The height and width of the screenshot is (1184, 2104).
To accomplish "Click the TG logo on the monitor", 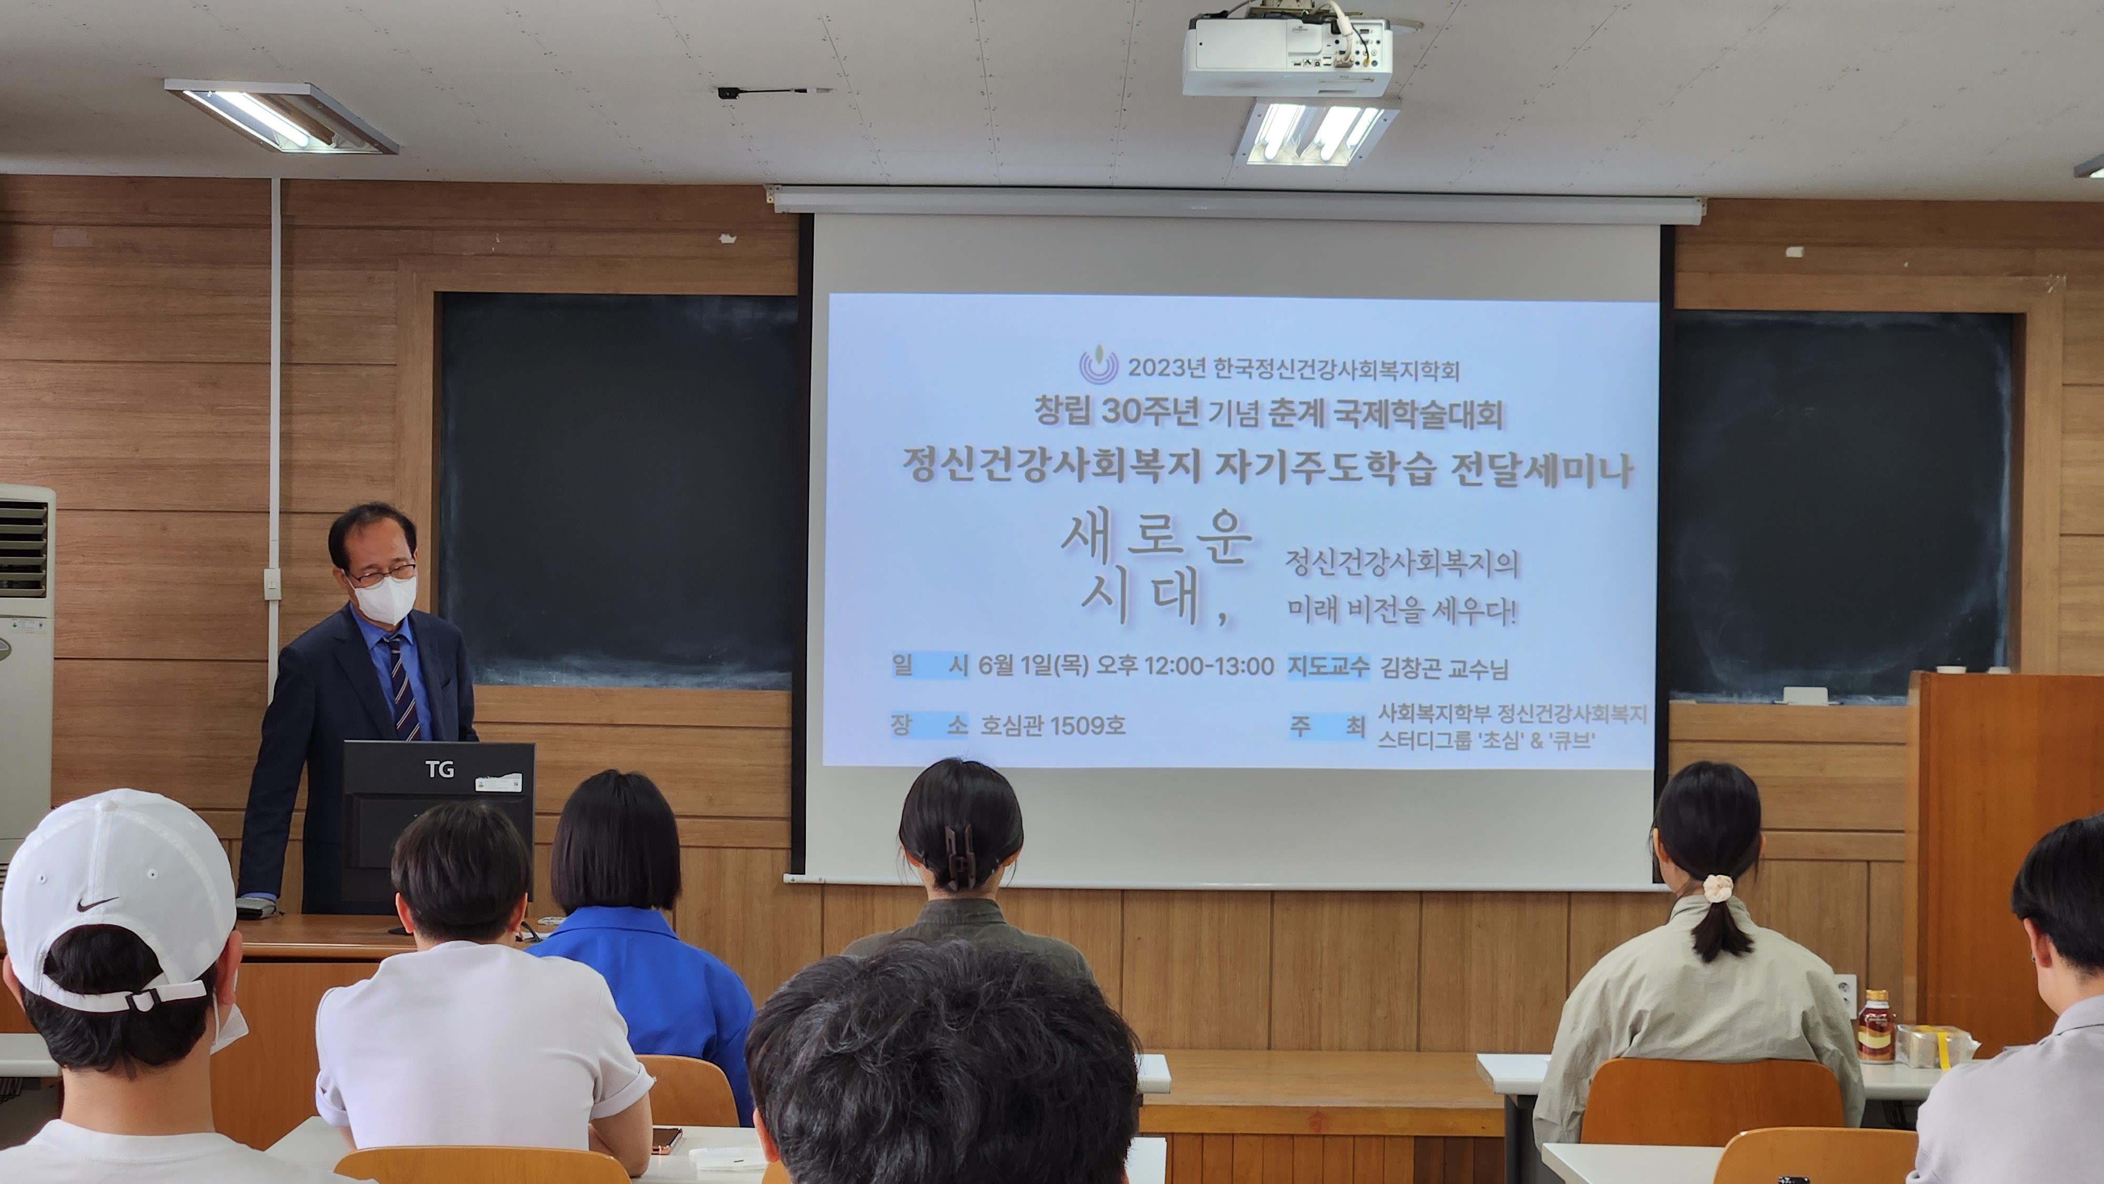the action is [x=439, y=768].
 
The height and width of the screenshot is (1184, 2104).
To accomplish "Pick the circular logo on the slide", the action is [x=1099, y=364].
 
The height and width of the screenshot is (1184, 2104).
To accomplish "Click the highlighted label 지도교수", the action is [x=1328, y=666].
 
